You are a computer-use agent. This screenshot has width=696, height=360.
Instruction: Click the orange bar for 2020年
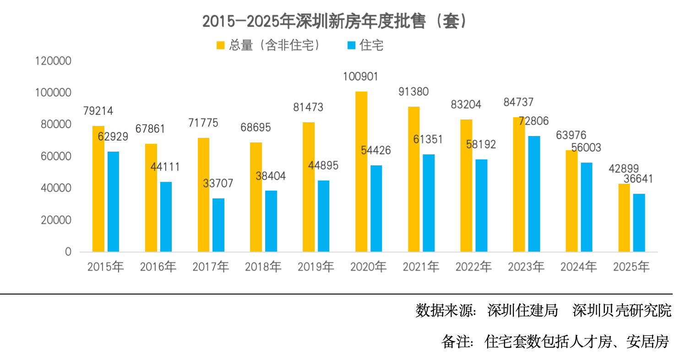pyautogui.click(x=361, y=172)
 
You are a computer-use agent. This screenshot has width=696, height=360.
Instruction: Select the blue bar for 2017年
pyautogui.click(x=218, y=225)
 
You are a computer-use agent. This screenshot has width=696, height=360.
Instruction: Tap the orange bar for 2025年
pyautogui.click(x=624, y=218)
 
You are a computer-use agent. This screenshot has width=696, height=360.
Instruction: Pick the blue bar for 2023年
pyautogui.click(x=534, y=194)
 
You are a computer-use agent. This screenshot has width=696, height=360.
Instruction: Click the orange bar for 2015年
pyautogui.click(x=98, y=189)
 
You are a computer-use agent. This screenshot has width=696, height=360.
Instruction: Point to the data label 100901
pyautogui.click(x=360, y=76)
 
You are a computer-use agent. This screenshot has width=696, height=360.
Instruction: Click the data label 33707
pyautogui.click(x=218, y=184)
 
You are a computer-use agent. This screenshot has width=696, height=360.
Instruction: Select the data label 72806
pyautogui.click(x=533, y=121)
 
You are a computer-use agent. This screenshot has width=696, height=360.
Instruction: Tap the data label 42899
pyautogui.click(x=624, y=169)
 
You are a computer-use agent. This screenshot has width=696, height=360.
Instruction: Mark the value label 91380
pyautogui.click(x=413, y=92)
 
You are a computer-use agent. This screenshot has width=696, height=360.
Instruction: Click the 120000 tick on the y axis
pyautogui.click(x=54, y=61)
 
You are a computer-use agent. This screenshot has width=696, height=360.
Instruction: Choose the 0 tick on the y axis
pyautogui.click(x=68, y=252)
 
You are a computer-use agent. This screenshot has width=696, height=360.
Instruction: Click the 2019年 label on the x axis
pyautogui.click(x=315, y=267)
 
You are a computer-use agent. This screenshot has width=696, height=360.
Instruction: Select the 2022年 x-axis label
pyautogui.click(x=473, y=267)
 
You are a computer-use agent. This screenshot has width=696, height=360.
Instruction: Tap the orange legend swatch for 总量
pyautogui.click(x=221, y=45)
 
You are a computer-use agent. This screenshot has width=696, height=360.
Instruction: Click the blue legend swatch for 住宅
pyautogui.click(x=352, y=45)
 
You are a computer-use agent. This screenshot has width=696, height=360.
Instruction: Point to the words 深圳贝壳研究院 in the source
pyautogui.click(x=622, y=311)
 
